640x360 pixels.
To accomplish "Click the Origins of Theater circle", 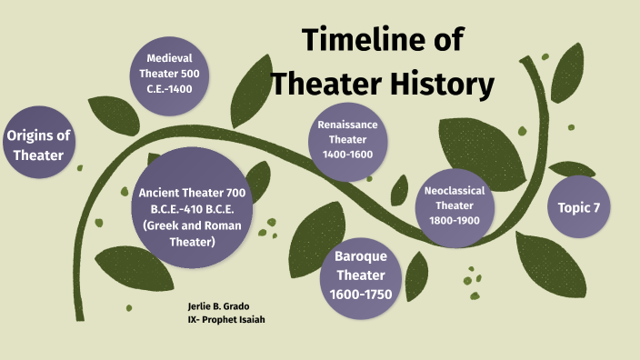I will pos(38,145).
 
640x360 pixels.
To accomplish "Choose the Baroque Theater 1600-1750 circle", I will pos(362,275).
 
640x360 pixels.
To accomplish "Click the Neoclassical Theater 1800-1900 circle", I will pos(455,205).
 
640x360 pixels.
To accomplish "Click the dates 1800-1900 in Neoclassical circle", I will pos(455,219).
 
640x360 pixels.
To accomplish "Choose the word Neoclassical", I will pos(455,191).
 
